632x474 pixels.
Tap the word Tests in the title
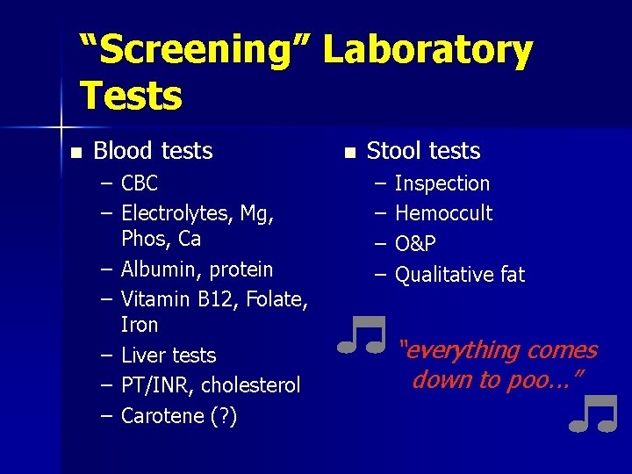click(131, 95)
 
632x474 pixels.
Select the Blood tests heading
click(153, 151)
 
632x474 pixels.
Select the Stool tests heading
click(423, 151)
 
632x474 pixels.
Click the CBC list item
click(140, 183)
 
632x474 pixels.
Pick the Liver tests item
click(169, 355)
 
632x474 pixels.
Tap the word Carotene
click(159, 415)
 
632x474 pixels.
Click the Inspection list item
click(442, 183)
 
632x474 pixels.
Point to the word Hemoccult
click(444, 213)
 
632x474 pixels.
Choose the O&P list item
click(415, 244)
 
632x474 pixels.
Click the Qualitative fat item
click(460, 275)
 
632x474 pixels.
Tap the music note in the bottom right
click(593, 414)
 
